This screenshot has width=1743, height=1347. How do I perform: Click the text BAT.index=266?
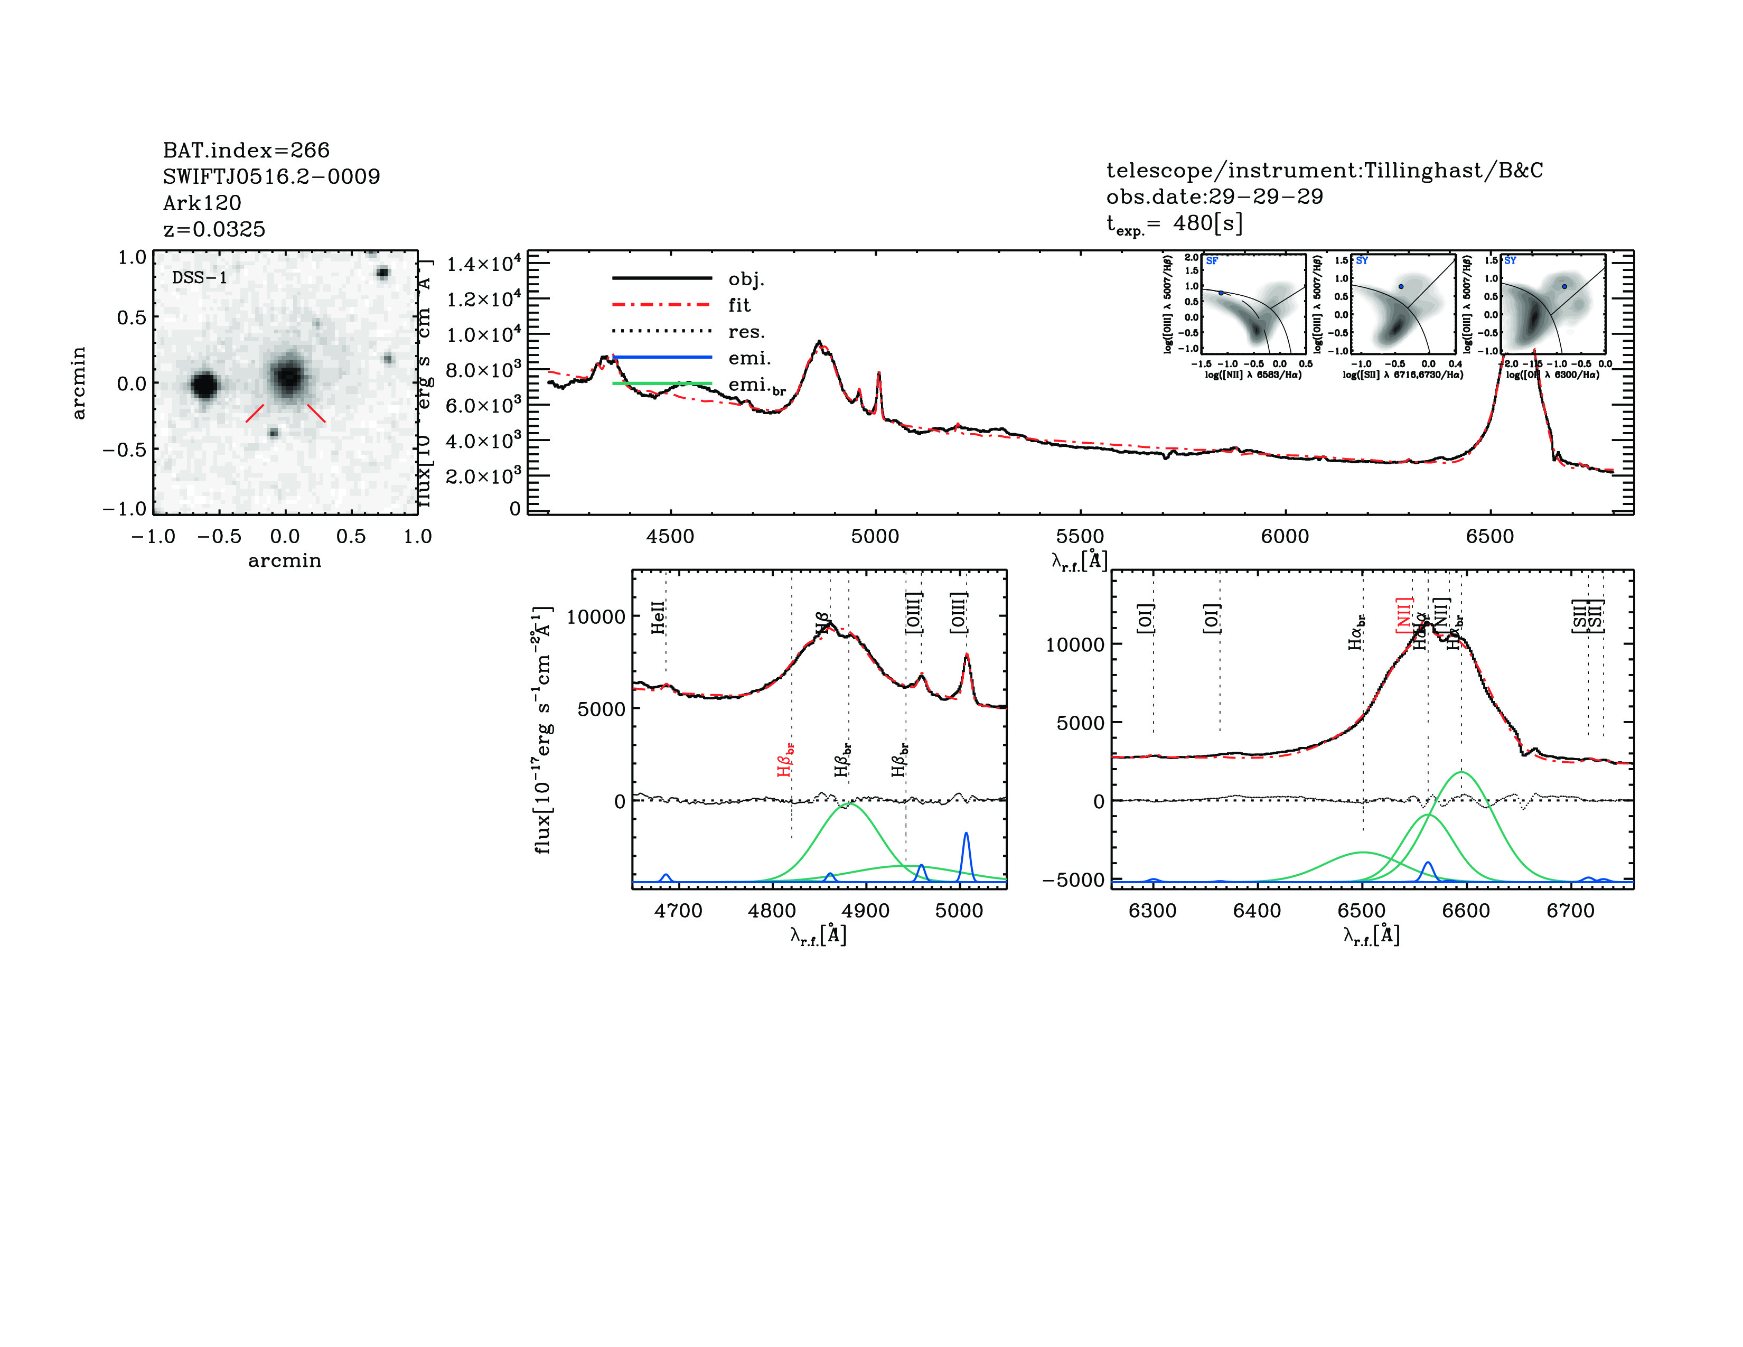tap(246, 150)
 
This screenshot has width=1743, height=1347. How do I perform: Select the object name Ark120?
tap(202, 203)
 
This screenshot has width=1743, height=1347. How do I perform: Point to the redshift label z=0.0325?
tap(214, 229)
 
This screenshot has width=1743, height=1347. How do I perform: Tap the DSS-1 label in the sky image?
tap(200, 278)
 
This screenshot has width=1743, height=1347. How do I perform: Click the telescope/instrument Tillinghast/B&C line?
tap(1324, 170)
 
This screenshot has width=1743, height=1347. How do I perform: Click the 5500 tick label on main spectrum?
tap(1080, 536)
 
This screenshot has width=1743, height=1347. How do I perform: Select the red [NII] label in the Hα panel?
tap(1404, 615)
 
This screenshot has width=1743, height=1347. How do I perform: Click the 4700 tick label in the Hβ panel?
tap(678, 911)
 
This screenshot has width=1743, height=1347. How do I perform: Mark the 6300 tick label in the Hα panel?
tap(1152, 911)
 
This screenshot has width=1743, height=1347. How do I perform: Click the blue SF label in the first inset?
tap(1212, 261)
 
